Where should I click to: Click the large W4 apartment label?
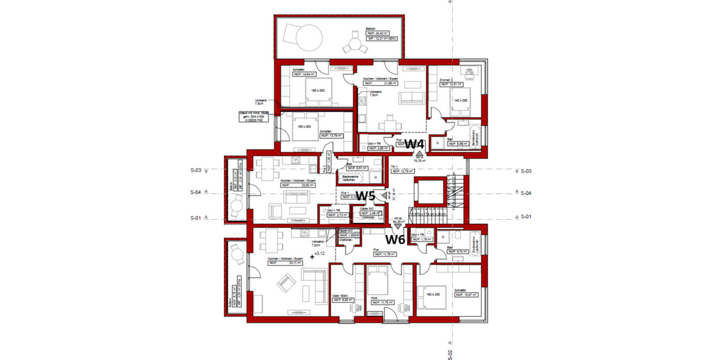415,144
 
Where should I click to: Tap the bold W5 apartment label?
366,196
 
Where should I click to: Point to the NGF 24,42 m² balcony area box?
378,34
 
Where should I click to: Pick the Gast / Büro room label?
341,297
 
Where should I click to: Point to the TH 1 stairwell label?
395,166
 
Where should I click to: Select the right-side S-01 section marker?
526,216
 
